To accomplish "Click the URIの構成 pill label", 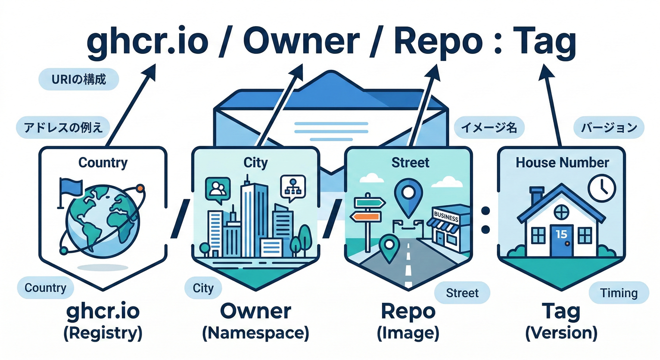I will point(79,80).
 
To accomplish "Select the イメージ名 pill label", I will point(489,127).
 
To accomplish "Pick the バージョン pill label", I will point(609,127).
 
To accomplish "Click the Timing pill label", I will point(619,293).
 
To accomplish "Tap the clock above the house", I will point(601,186).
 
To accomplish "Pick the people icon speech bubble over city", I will point(217,189).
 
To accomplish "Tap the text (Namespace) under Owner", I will point(255,333).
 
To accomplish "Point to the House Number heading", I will point(562,163).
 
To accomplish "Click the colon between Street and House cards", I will point(486,221).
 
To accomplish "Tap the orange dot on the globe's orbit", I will point(142,188).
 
